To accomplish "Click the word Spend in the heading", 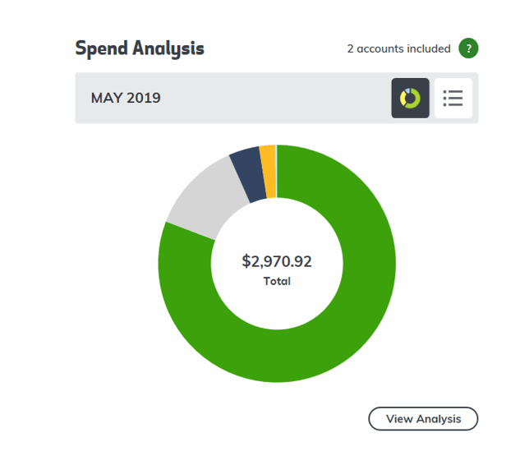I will click(x=100, y=48).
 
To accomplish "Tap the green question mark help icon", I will click(x=468, y=48).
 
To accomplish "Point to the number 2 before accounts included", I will click(x=350, y=48).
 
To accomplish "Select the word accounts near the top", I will click(x=380, y=48).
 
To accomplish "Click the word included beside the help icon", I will click(x=430, y=48).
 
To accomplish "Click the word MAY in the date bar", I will click(x=107, y=99).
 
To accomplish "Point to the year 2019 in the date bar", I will click(x=144, y=99).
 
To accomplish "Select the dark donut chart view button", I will click(x=410, y=99).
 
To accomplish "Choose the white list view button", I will click(x=453, y=99).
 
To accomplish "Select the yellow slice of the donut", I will click(x=267, y=171).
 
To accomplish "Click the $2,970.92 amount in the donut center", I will click(x=277, y=262).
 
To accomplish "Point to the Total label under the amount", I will click(x=277, y=282).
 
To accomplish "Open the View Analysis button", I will click(x=423, y=419).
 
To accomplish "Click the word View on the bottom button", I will click(x=399, y=419).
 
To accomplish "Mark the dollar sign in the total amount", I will click(x=246, y=262).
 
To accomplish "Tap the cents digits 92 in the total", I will click(x=303, y=262).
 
